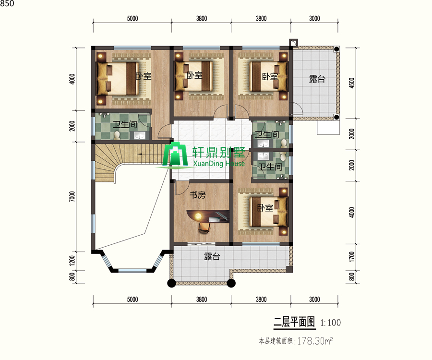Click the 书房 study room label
coord(198,195)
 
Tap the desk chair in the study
coord(204,228)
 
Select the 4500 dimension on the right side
coord(352,83)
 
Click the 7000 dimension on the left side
coord(72,196)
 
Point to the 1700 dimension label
coord(352,257)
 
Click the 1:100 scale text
coord(330,323)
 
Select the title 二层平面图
coord(294,322)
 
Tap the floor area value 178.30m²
coord(315,341)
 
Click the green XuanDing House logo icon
coord(175,155)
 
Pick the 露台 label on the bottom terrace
coord(212,256)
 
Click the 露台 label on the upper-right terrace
coord(317,79)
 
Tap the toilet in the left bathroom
coord(117,135)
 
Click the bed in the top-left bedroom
coord(118,79)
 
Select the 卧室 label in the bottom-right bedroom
coord(265,208)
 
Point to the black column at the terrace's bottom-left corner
coord(172,283)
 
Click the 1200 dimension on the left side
coord(72,261)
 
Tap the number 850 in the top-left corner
coord(7,3)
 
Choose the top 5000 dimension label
coord(132,18)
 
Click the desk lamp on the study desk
coord(197,216)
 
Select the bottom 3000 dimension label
coord(314,300)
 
